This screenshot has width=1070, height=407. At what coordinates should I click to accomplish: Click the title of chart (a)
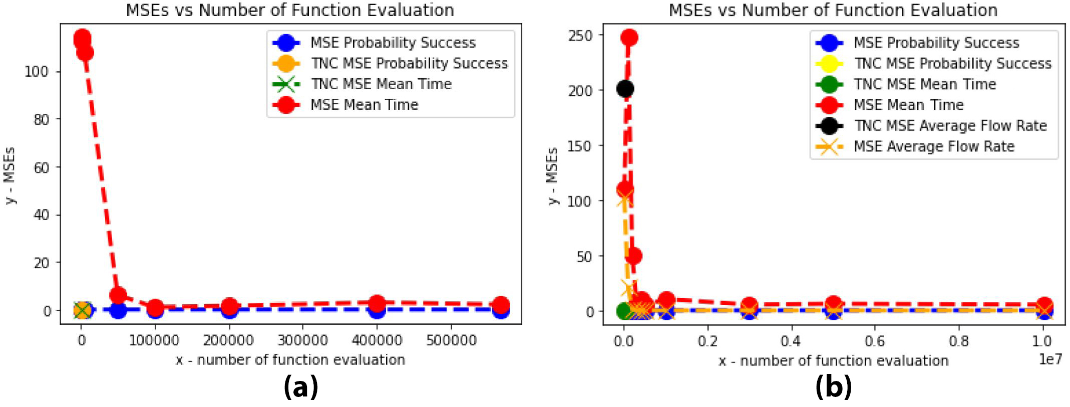point(290,10)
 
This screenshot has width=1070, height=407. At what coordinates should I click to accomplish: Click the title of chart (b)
point(833,10)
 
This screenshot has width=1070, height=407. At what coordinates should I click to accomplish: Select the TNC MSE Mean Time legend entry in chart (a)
point(381,84)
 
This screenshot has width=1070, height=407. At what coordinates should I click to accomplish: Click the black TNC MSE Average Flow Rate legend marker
point(829,125)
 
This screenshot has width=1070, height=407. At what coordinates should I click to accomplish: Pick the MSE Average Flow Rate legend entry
point(934,146)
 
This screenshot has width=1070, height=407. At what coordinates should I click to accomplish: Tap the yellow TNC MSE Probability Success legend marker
point(829,64)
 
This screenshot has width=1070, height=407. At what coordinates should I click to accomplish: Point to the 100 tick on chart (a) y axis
point(37,72)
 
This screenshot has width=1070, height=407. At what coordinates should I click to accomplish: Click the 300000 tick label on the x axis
point(302,340)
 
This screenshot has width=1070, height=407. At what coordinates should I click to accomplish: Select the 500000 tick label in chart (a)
point(451,340)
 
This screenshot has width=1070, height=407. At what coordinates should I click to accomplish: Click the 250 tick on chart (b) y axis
point(581,36)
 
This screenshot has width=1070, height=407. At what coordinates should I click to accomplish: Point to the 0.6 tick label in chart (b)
point(874,341)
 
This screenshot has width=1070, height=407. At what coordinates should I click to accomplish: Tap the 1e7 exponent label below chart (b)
point(1050,359)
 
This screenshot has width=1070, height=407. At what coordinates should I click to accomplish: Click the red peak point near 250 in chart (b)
point(629,38)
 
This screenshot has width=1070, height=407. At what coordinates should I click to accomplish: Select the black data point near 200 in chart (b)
point(625,89)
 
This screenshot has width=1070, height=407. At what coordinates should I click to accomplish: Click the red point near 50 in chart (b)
point(633,256)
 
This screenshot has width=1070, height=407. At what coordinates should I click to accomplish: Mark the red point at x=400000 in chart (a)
point(377,303)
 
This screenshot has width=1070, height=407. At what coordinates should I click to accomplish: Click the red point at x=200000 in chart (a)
point(229,306)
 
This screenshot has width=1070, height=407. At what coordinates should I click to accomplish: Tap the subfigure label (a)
point(300,387)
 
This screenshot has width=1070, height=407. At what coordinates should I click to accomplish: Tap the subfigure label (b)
point(833,387)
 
